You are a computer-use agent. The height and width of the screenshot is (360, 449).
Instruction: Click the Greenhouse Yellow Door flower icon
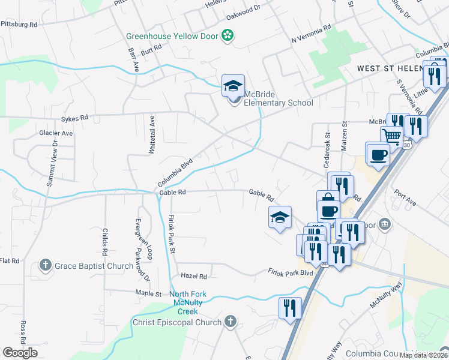tap(228, 36)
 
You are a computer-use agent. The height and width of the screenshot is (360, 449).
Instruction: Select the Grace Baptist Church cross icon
tap(45, 265)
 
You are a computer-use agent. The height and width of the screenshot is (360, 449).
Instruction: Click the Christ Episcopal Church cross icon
tap(229, 322)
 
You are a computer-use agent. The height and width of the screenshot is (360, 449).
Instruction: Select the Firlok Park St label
tap(171, 233)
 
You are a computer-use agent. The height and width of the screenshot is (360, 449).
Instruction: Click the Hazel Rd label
tap(194, 277)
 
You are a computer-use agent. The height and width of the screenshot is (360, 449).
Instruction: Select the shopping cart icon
tap(392, 136)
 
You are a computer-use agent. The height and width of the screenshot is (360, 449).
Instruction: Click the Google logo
tap(20, 352)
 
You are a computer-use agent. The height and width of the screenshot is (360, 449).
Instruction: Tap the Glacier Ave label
tap(56, 133)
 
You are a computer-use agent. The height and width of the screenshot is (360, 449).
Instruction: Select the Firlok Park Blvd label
tap(291, 272)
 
